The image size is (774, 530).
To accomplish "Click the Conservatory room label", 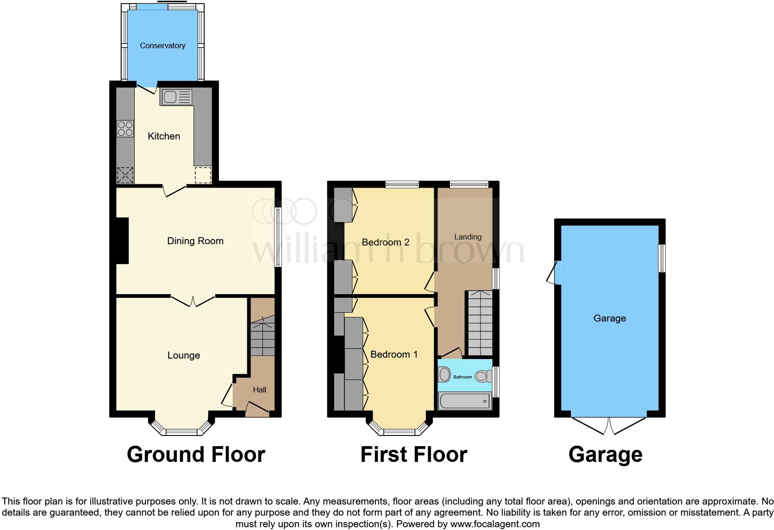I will [x=162, y=45].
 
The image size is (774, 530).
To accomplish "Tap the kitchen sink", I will [x=175, y=97].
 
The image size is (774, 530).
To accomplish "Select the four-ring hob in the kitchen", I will [x=125, y=128].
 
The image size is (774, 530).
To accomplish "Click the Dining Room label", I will [x=195, y=241].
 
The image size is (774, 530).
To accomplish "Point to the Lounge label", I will [x=183, y=355].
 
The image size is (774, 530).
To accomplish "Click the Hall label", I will [x=259, y=390].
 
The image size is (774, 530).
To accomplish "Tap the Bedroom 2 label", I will [x=385, y=242].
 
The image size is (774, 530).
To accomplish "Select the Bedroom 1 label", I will [x=394, y=354].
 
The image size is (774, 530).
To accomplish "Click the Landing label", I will [x=468, y=237].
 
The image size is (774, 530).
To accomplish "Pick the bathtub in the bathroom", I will [x=464, y=401].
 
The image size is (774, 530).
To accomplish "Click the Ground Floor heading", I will [x=196, y=454].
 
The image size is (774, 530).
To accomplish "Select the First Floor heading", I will [x=413, y=454].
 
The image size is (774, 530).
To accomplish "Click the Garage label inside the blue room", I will [x=609, y=318].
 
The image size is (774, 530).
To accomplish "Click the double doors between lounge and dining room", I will [x=193, y=300].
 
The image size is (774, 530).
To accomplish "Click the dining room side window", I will [x=278, y=237].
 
